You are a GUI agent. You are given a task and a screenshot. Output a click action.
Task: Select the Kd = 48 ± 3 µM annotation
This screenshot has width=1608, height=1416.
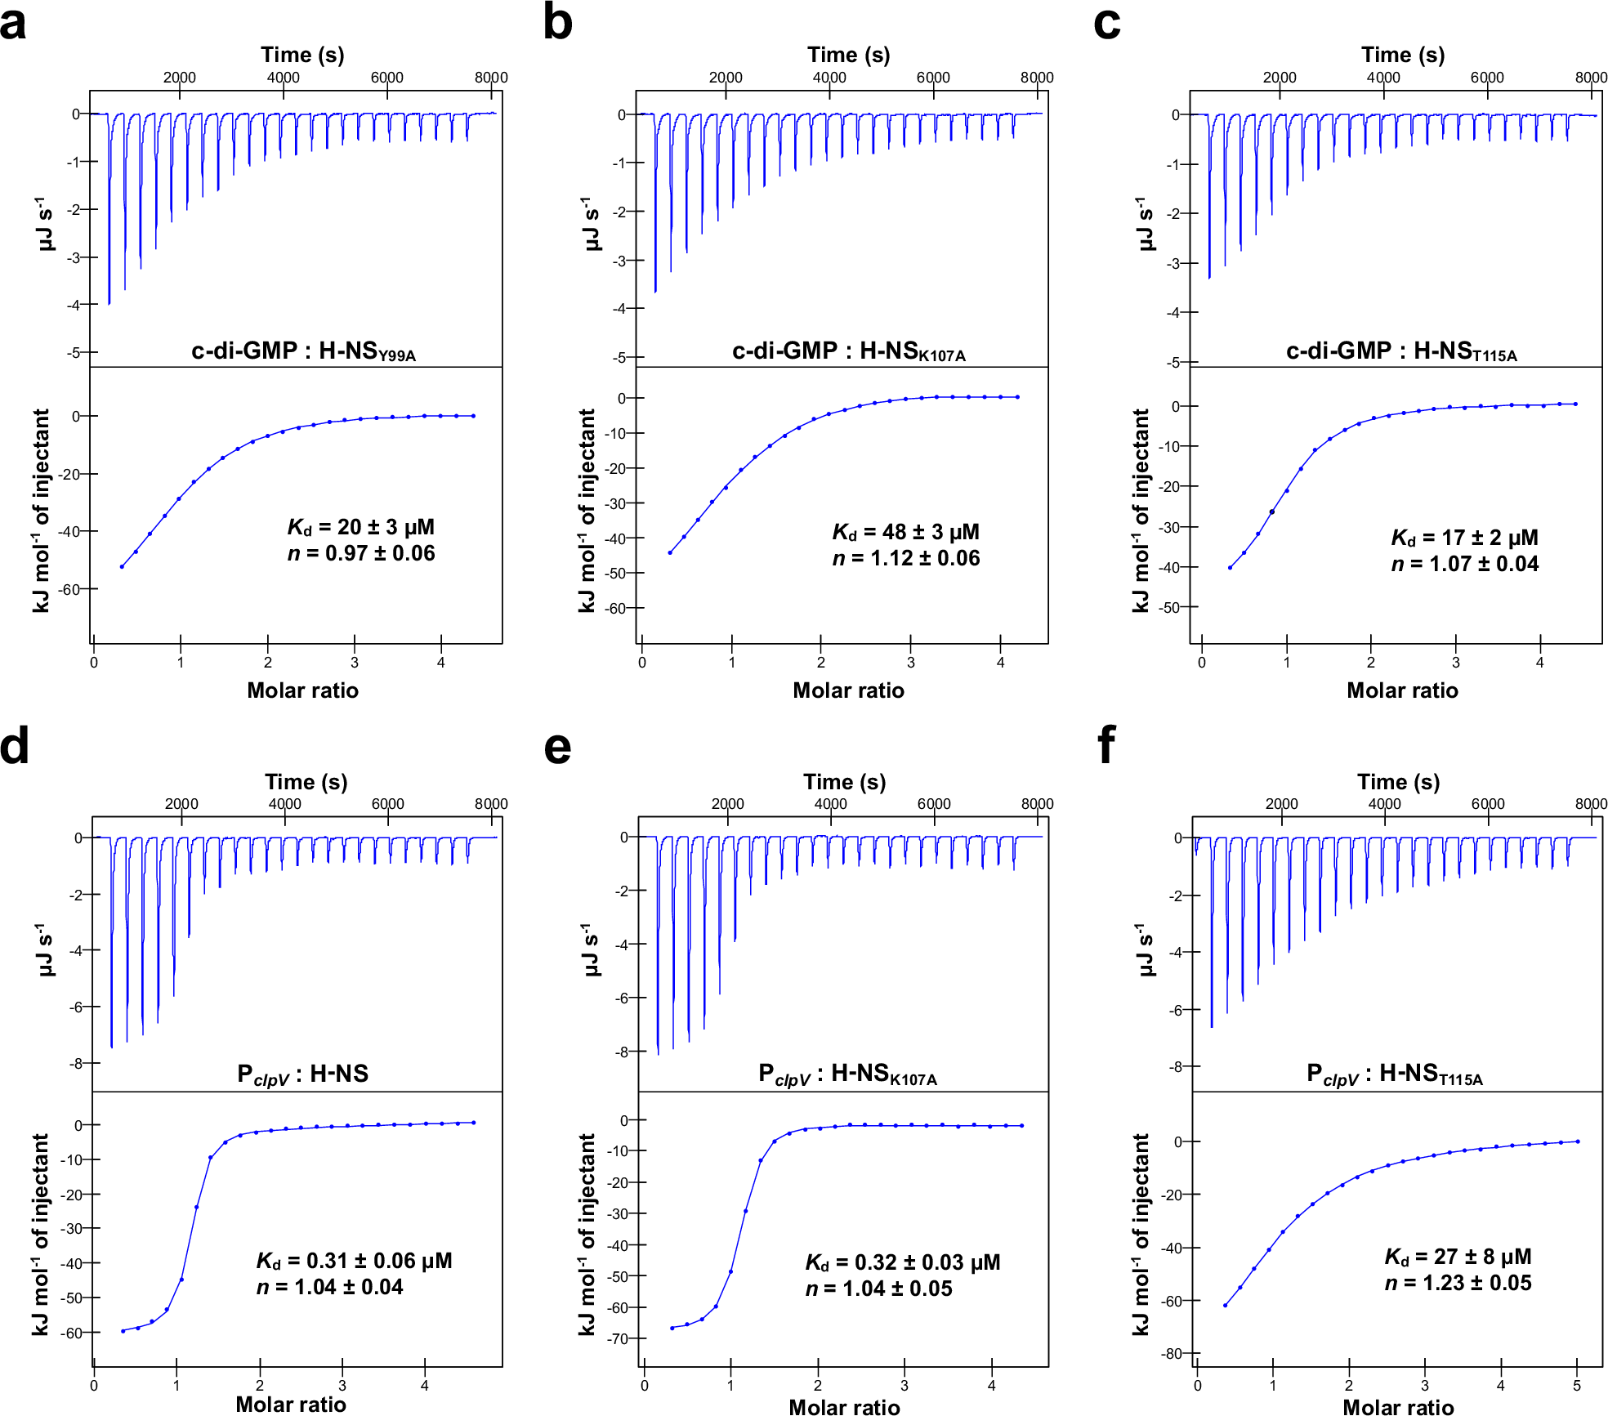(x=905, y=532)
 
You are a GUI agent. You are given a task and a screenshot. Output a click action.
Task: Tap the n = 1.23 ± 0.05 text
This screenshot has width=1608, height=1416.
(x=1458, y=1283)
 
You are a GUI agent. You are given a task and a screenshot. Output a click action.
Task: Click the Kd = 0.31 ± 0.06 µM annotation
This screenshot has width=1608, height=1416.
(x=354, y=1261)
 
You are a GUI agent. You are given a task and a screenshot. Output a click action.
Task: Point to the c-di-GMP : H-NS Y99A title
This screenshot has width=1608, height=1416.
(x=303, y=351)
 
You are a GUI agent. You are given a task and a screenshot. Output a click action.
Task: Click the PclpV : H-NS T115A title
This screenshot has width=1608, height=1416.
(x=1394, y=1074)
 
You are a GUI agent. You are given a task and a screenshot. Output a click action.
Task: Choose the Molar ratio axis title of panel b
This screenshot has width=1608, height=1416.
(x=848, y=690)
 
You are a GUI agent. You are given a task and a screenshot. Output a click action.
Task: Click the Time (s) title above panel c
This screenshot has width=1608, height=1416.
(x=1402, y=55)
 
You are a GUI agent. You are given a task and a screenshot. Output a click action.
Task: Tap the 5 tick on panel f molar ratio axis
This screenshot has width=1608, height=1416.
(x=1577, y=1386)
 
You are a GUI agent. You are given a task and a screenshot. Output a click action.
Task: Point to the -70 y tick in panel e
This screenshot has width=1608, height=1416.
(x=618, y=1338)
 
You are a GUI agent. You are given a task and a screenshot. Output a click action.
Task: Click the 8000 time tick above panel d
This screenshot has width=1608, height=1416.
(x=491, y=804)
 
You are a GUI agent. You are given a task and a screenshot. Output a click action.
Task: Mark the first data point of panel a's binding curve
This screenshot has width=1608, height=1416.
(x=122, y=566)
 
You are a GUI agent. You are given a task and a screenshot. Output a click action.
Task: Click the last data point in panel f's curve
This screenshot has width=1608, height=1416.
(x=1577, y=1141)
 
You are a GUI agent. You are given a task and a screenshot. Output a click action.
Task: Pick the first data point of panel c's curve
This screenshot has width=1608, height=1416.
(x=1230, y=567)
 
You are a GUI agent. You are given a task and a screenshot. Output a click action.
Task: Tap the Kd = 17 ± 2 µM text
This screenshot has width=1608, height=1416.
(x=1464, y=538)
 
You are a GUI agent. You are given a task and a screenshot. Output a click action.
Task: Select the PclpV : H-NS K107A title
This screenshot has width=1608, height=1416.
(x=847, y=1074)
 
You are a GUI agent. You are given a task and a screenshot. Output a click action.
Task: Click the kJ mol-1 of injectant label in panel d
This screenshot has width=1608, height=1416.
(x=41, y=1234)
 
